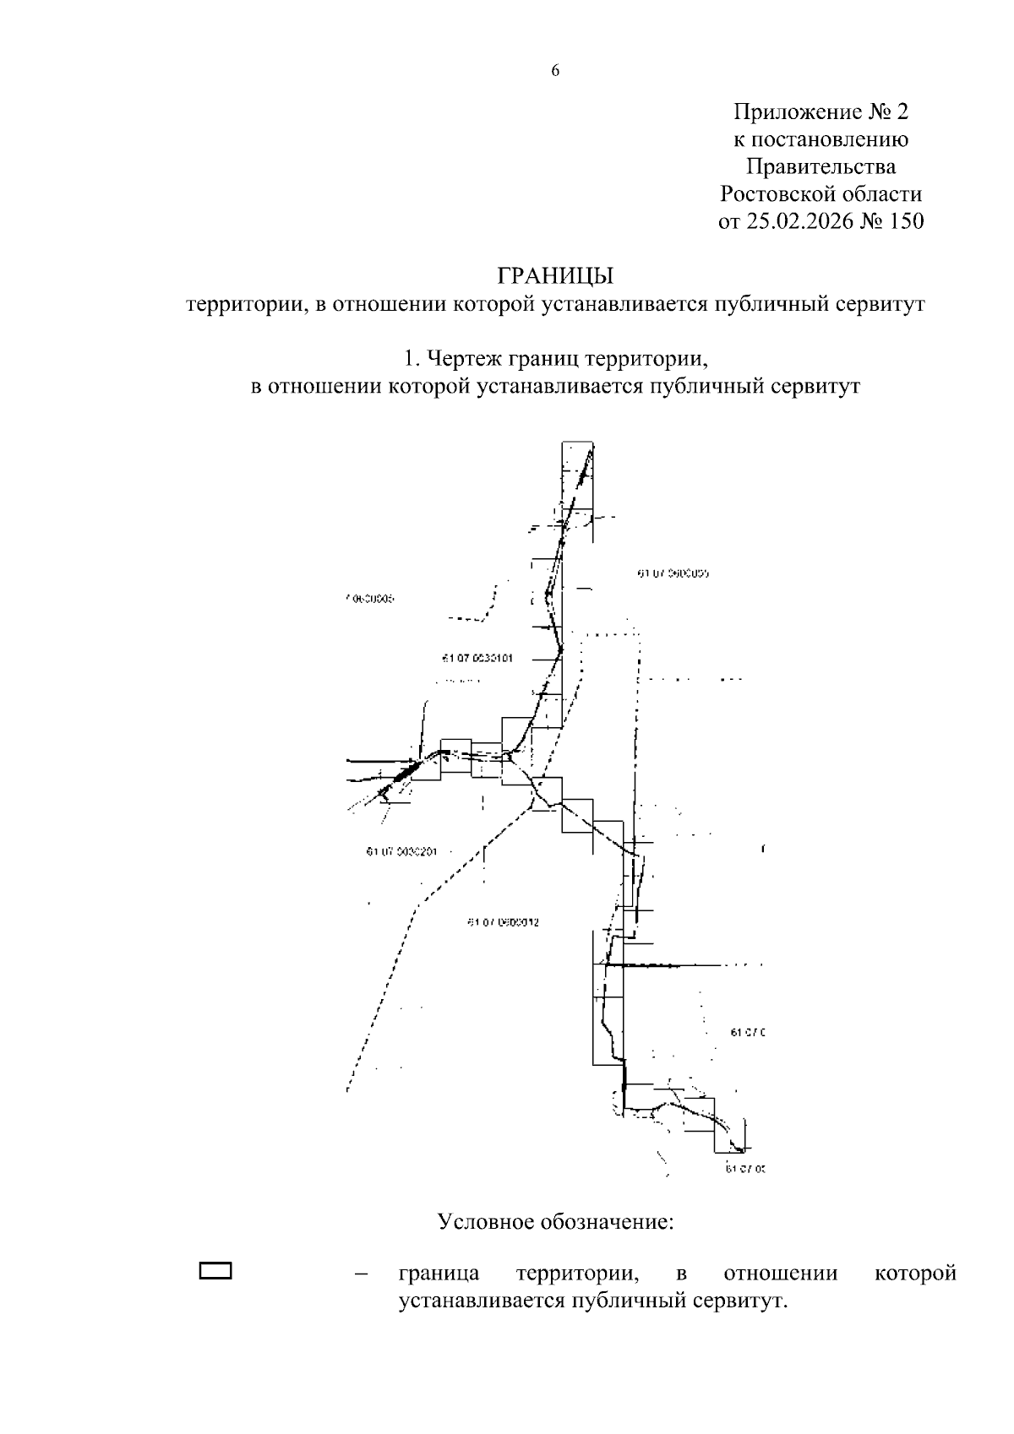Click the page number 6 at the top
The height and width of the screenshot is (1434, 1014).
pyautogui.click(x=555, y=71)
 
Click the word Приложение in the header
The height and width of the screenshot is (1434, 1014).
pyautogui.click(x=788, y=111)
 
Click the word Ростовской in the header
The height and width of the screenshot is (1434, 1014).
pyautogui.click(x=777, y=194)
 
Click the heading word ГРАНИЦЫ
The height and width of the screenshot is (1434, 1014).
pyautogui.click(x=554, y=276)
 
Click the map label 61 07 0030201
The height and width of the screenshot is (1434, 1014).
pyautogui.click(x=401, y=851)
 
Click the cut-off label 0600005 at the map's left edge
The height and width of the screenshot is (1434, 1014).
pyautogui.click(x=370, y=599)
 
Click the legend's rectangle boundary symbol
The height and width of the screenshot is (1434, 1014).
pyautogui.click(x=215, y=1271)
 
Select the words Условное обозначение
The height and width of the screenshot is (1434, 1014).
pyautogui.click(x=555, y=1222)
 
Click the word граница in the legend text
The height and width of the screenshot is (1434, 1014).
pyautogui.click(x=439, y=1273)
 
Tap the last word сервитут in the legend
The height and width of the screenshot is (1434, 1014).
pyautogui.click(x=741, y=1301)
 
